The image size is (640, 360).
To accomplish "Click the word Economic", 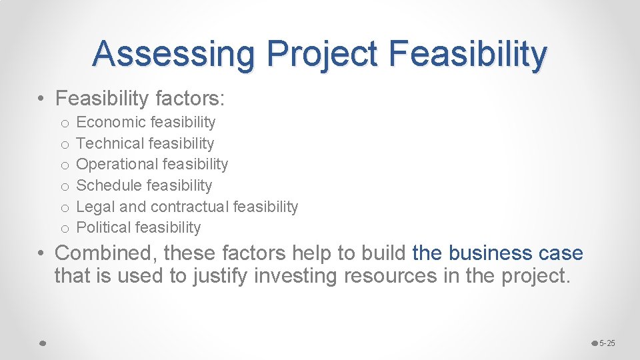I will point(111,122).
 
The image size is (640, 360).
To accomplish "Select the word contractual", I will point(190,207).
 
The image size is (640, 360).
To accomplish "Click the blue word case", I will point(564,253).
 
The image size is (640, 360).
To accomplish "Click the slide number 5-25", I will point(607,343).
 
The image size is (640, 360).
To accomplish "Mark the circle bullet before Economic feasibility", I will point(64,123).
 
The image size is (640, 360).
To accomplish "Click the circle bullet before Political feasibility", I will point(64,229).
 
